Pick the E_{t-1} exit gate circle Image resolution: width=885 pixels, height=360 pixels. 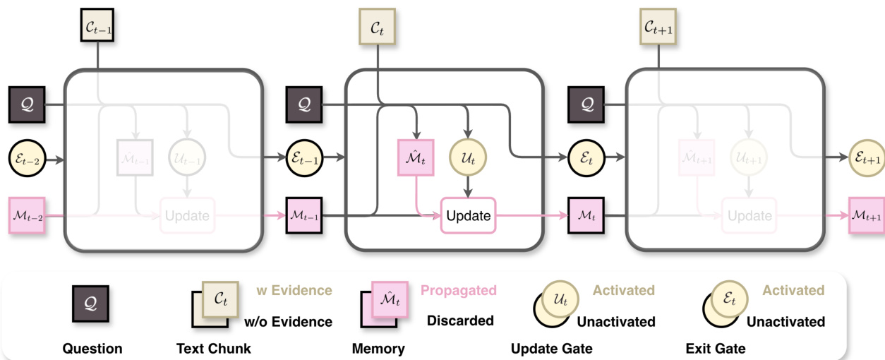(304, 160)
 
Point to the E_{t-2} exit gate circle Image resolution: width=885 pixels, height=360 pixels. (26, 160)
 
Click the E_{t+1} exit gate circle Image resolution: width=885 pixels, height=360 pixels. (866, 160)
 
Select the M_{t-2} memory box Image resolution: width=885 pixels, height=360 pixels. (26, 215)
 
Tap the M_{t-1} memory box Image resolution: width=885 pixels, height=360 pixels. (304, 215)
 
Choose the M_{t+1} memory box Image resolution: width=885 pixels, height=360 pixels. (866, 215)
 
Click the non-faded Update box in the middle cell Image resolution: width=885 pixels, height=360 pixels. (468, 215)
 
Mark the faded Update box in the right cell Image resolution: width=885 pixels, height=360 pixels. (749, 215)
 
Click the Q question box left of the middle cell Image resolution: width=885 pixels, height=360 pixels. (304, 105)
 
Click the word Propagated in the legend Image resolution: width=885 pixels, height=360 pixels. (459, 291)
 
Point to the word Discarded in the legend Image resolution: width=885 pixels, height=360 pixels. (460, 320)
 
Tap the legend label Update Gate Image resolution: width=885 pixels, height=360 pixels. (552, 348)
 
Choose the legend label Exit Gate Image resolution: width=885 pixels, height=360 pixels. (715, 348)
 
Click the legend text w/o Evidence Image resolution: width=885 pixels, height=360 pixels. (288, 322)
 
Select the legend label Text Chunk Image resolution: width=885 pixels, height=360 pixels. (213, 348)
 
